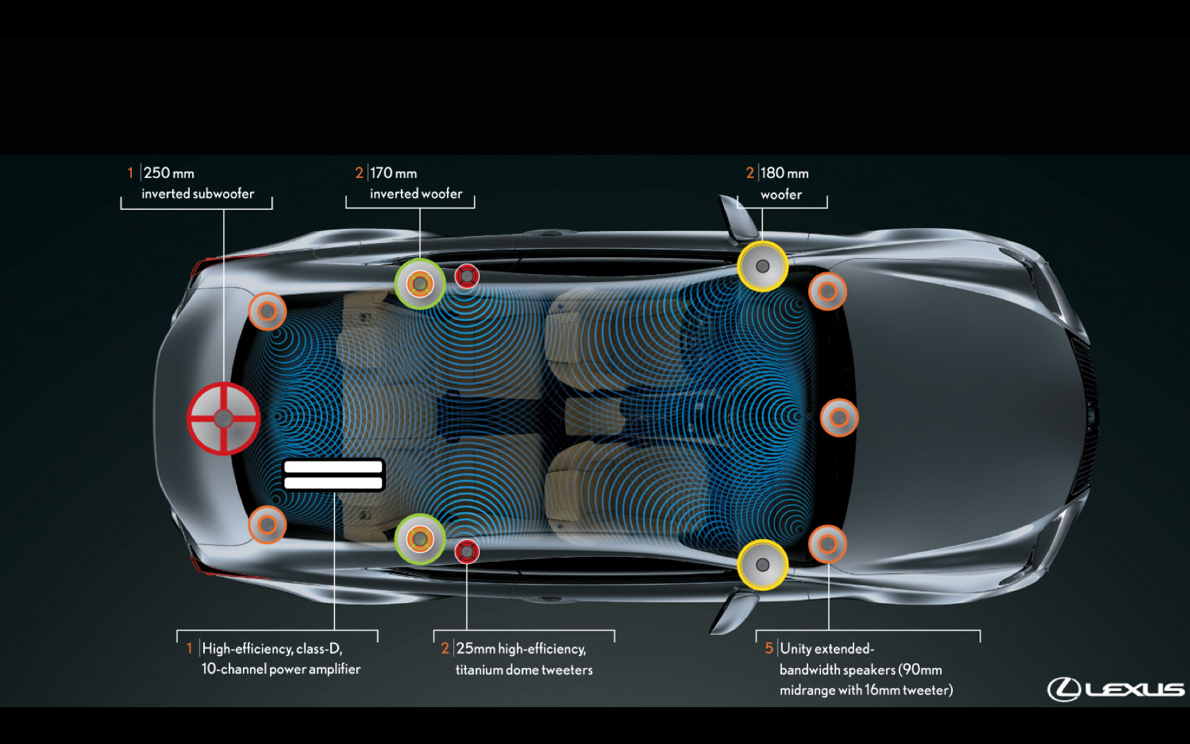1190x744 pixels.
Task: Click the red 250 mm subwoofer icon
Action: pos(223,419)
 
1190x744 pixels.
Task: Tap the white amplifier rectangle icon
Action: pos(333,475)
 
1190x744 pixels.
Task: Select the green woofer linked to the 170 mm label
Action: pos(420,284)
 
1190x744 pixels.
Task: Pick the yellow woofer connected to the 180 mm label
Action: pos(762,266)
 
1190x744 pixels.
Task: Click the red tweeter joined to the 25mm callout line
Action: pos(467,551)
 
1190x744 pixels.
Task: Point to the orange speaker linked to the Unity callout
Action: pos(827,544)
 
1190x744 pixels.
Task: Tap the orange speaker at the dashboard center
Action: pos(839,417)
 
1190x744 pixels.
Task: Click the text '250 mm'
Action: pos(169,173)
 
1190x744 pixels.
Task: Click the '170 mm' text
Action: pos(393,173)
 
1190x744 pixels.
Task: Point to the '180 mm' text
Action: pos(784,173)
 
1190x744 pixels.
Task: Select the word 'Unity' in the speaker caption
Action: pos(795,648)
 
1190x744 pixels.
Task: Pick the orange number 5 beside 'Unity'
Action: pos(769,648)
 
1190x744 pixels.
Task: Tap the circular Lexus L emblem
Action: pos(1064,689)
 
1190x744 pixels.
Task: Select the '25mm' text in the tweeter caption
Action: pos(475,648)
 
